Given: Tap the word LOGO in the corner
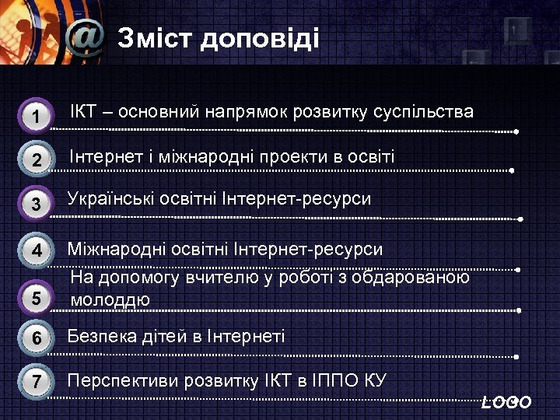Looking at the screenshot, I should (506, 402).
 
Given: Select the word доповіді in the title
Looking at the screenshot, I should (260, 39).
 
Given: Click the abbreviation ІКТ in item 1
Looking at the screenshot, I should (84, 112).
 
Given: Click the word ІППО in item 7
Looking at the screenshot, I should (337, 381).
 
